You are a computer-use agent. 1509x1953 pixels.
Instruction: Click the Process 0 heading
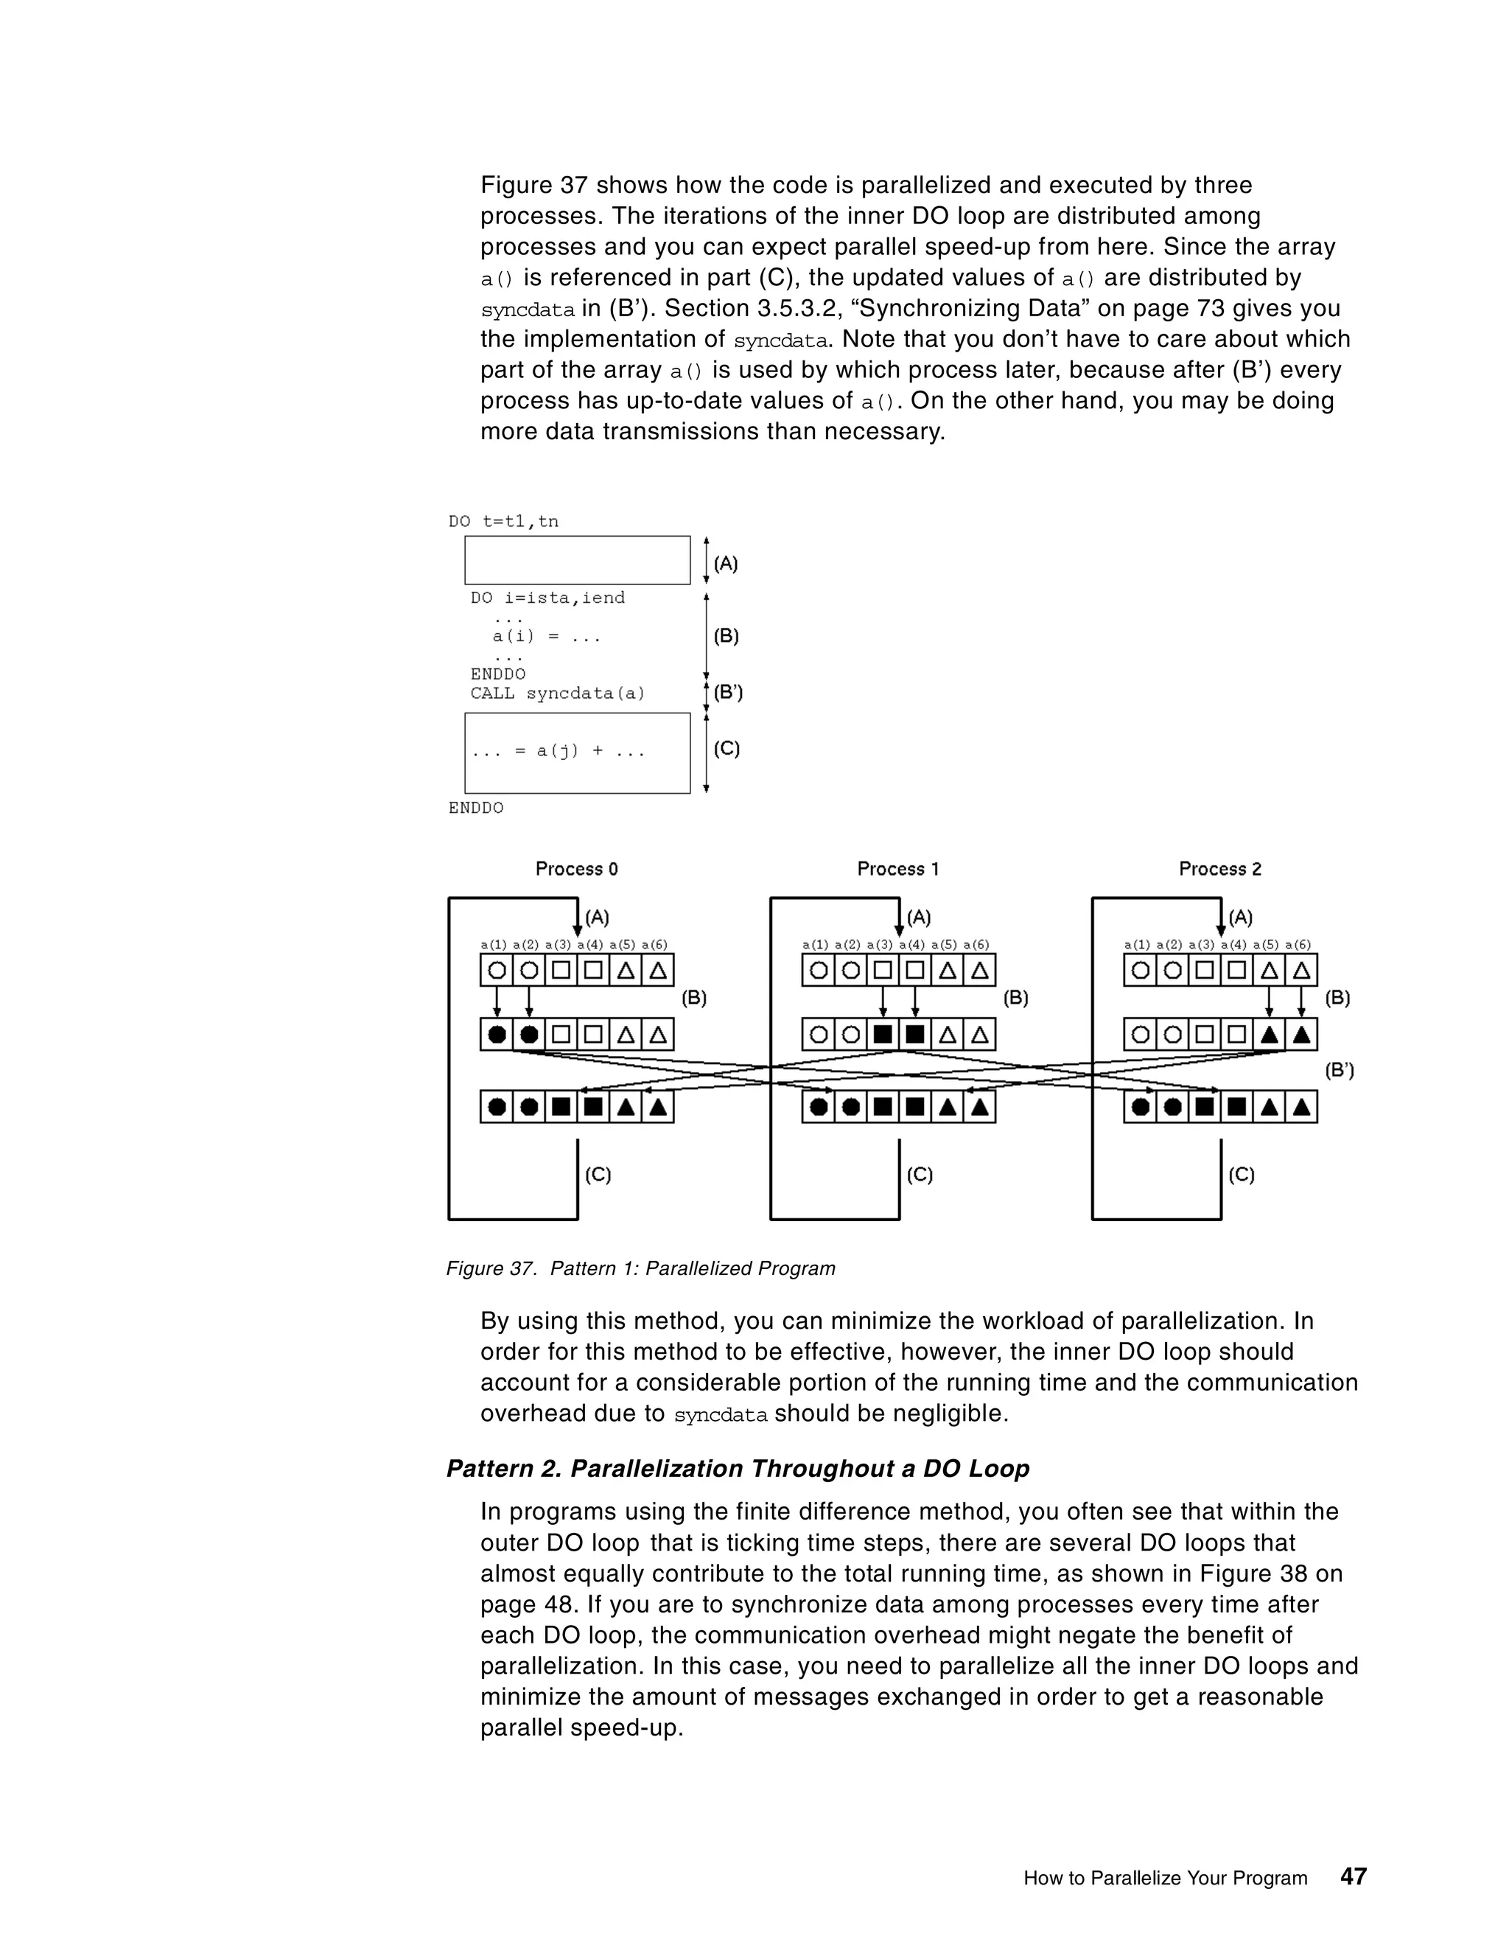click(x=577, y=868)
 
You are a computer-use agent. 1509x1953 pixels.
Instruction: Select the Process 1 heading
click(x=897, y=868)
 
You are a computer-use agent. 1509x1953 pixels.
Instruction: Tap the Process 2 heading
click(x=1219, y=868)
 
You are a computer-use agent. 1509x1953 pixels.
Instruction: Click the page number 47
click(x=1354, y=1876)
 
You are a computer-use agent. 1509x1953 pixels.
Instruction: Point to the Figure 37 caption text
click(x=640, y=1268)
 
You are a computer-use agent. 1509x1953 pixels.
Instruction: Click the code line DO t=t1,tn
click(x=503, y=521)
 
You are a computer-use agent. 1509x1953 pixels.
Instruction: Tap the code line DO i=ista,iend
click(x=547, y=598)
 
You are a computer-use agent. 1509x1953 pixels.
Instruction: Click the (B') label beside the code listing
click(x=728, y=692)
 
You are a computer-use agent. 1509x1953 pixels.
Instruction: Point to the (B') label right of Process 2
click(x=1339, y=1069)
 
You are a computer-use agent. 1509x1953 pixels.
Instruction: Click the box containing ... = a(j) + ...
click(x=577, y=752)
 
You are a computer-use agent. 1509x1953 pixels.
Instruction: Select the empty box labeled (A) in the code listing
click(x=577, y=560)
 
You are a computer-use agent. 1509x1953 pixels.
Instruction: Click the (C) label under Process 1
click(x=919, y=1174)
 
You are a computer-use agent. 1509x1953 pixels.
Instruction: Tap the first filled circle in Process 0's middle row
click(x=497, y=1035)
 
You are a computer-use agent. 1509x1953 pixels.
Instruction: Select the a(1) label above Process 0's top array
click(x=494, y=944)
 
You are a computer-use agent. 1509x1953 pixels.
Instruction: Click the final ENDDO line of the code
click(x=475, y=808)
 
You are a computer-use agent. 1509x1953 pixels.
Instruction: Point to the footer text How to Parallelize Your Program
click(x=1165, y=1878)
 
